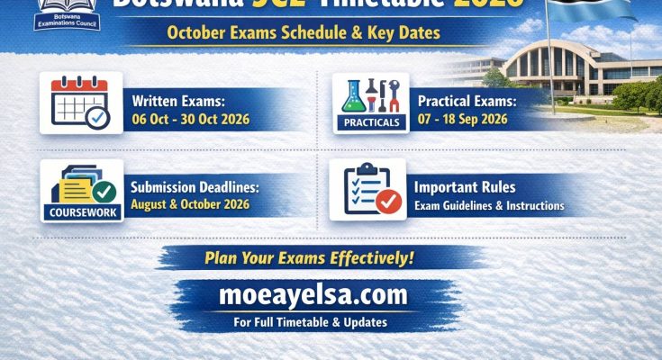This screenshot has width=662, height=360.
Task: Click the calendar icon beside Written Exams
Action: (80, 102)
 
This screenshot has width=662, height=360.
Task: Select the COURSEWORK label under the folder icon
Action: (82, 213)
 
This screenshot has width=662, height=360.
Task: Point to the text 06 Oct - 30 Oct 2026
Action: (190, 119)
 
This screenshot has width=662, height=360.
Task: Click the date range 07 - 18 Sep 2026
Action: (462, 119)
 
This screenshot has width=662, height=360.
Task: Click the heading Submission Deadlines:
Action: (195, 188)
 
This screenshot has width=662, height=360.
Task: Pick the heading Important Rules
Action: (465, 188)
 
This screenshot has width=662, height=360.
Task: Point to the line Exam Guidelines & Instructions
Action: (489, 206)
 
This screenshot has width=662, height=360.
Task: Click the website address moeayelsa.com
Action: (313, 294)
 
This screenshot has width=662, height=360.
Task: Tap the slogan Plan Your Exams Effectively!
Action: (309, 257)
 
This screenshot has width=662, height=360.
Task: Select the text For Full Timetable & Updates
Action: (312, 320)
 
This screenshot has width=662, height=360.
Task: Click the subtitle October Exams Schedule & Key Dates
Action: (303, 34)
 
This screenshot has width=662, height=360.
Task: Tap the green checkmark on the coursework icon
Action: (104, 192)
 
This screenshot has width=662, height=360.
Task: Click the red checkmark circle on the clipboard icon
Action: (388, 202)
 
